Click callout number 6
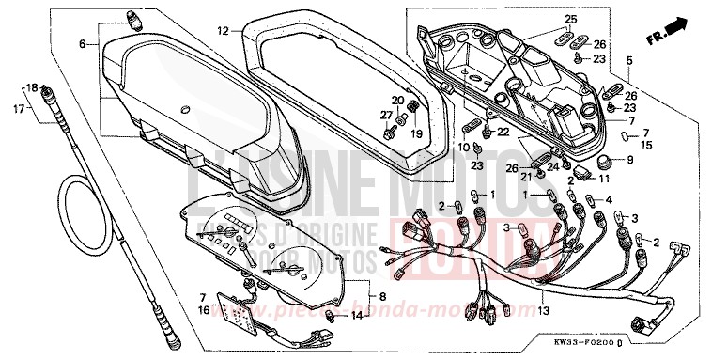(x=82, y=44)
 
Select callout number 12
(x=223, y=31)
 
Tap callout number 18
(x=31, y=86)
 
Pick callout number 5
(x=629, y=61)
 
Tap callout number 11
(x=629, y=177)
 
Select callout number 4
(x=610, y=200)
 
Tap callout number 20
(x=397, y=101)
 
